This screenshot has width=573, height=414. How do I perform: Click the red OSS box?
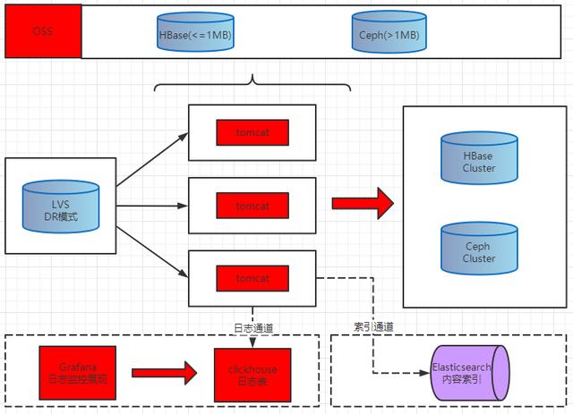tap(43, 30)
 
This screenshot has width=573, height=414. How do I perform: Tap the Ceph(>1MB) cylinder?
tap(388, 33)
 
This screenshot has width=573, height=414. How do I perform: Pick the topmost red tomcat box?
tap(252, 133)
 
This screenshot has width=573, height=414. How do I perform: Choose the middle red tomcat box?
tap(252, 206)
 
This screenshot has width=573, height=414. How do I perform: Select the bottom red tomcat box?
tap(252, 278)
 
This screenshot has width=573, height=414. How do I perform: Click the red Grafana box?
tap(78, 371)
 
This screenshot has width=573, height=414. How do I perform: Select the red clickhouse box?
tap(253, 374)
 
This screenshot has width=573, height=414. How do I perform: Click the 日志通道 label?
tap(252, 327)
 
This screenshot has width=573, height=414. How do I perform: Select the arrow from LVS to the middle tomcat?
tap(152, 207)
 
